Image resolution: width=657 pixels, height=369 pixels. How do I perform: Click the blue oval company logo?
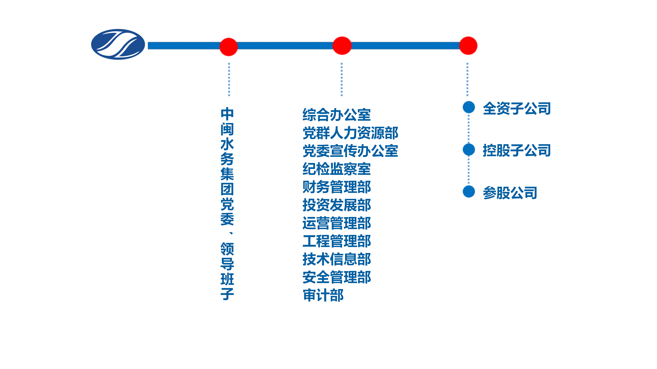click(118, 44)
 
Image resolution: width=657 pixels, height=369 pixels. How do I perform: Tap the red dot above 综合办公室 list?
click(342, 46)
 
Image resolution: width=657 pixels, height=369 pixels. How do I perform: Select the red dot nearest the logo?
click(229, 47)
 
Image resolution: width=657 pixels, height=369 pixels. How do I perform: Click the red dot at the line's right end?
click(468, 46)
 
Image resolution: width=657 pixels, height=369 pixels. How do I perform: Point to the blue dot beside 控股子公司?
click(468, 149)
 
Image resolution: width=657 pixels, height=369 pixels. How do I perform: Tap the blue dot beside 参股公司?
click(468, 192)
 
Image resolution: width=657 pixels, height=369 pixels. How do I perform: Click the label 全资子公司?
click(517, 108)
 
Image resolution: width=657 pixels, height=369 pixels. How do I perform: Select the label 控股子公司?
click(517, 150)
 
